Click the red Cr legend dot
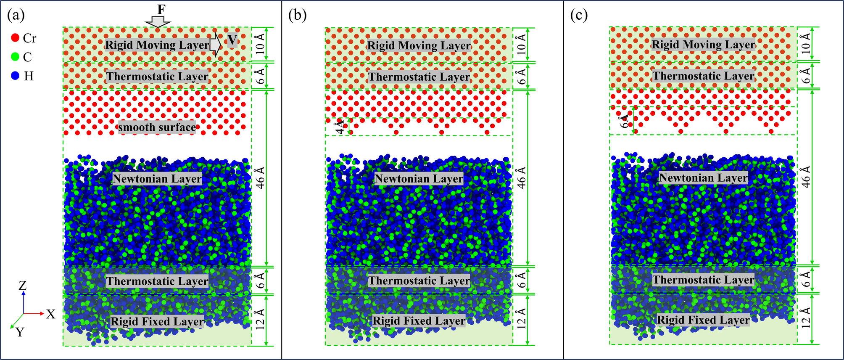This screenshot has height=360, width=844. coord(16,38)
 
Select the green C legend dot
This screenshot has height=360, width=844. coord(16,57)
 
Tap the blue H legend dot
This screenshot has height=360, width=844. coord(16,76)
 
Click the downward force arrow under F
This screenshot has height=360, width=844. coord(158,21)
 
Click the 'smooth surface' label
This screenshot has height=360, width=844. coord(157,127)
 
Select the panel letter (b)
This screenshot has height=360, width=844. coord(298,15)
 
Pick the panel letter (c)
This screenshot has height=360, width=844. coord(579,15)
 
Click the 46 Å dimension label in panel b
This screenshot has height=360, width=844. coord(521,177)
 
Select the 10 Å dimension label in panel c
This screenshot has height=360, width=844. coord(806,43)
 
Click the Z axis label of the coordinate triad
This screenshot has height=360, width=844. coord(23,286)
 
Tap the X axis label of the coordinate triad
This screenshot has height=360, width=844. coord(50,314)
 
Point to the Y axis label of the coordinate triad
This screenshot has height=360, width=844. coord(20,332)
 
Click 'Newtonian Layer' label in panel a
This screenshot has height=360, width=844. coord(157,179)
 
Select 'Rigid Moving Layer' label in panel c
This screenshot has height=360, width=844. coord(703,45)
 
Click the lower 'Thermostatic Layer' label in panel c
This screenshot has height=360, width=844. coord(703,280)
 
